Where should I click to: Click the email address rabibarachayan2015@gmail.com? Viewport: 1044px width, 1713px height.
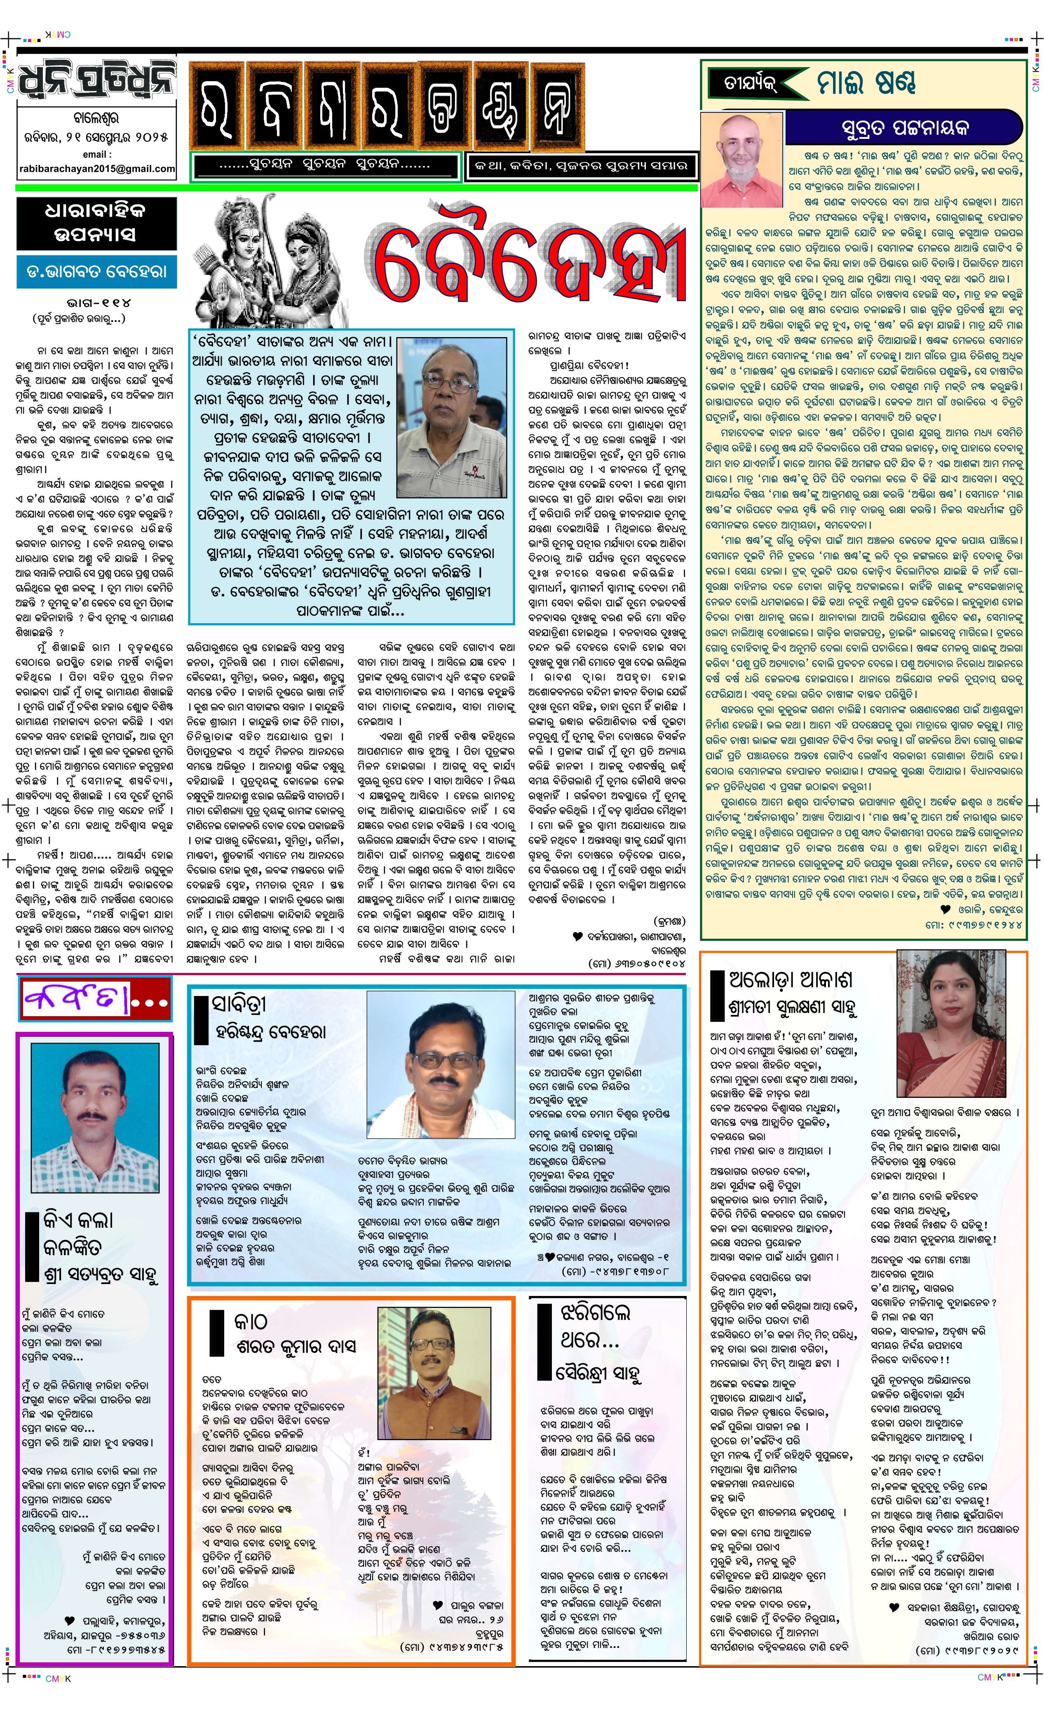pyautogui.click(x=97, y=168)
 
